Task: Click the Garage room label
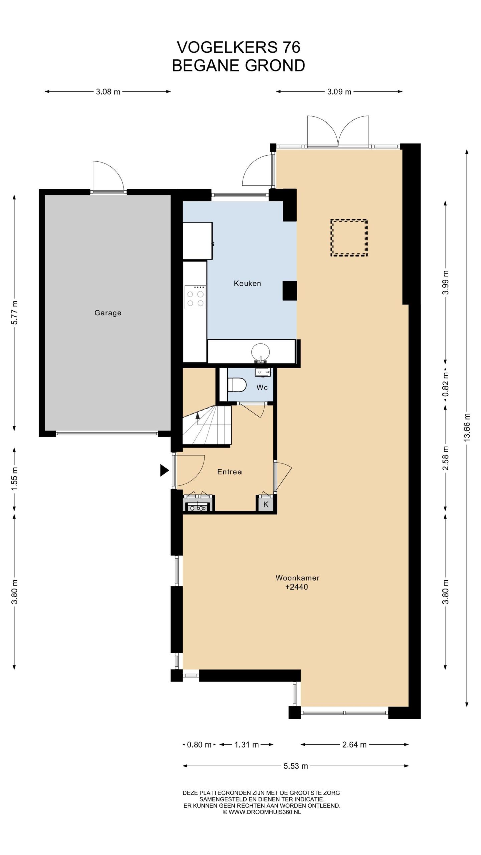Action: click(108, 313)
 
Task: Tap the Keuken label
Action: click(247, 283)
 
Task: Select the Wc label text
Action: click(262, 387)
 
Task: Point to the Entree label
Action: click(229, 472)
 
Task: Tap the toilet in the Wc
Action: click(237, 385)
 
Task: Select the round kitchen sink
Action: click(261, 352)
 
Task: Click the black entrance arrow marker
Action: click(164, 470)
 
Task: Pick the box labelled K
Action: click(266, 504)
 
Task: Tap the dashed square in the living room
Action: click(349, 238)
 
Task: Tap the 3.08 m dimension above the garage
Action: click(108, 91)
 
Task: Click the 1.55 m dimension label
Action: click(15, 480)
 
